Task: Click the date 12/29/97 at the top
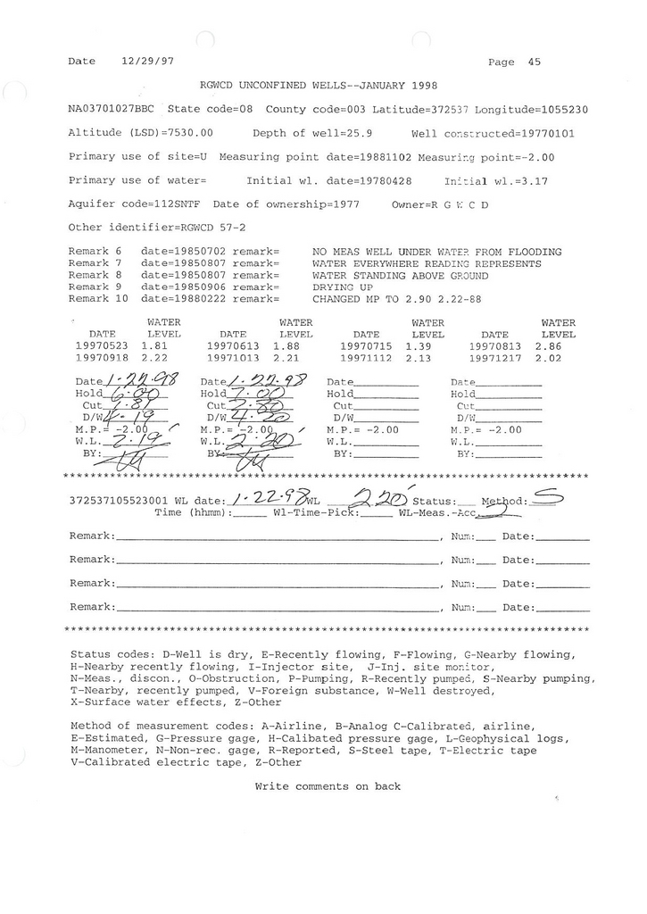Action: tap(145, 62)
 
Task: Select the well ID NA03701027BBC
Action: tap(112, 110)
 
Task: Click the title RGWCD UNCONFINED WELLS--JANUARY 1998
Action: tap(319, 86)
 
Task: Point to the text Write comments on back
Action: tap(328, 786)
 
